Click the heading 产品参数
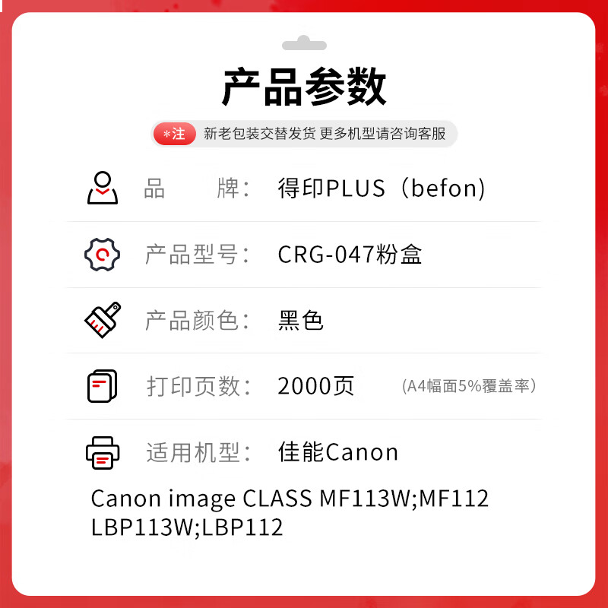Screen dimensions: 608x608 (x=304, y=87)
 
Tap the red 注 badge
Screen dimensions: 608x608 (x=175, y=134)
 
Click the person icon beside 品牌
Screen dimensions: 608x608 (x=103, y=188)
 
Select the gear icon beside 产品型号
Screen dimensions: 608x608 (x=102, y=254)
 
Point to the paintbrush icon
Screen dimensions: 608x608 (x=103, y=320)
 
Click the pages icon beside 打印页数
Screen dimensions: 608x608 (x=102, y=386)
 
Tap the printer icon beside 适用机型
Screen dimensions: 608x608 (x=103, y=452)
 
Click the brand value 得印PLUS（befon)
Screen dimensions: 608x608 (x=382, y=188)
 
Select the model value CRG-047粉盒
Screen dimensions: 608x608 (x=350, y=255)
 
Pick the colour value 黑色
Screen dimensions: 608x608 (x=301, y=321)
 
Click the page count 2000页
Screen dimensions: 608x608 (x=316, y=386)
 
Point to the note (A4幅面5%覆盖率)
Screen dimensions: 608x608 (x=470, y=386)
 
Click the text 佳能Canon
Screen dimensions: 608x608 (x=338, y=452)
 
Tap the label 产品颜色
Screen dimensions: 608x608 (x=198, y=321)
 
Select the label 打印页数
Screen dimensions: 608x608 (x=198, y=386)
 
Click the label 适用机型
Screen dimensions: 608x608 (x=198, y=452)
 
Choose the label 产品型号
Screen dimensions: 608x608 (x=198, y=255)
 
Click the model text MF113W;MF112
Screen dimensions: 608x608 (x=404, y=499)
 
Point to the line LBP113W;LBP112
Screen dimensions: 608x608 (x=187, y=527)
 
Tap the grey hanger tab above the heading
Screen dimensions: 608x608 (x=304, y=43)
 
